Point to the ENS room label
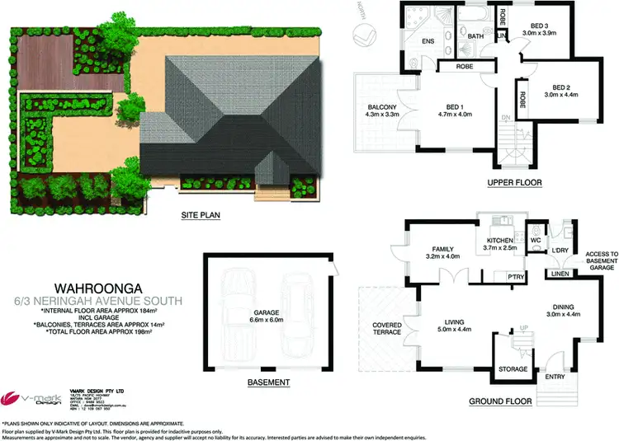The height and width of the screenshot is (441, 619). [428, 41]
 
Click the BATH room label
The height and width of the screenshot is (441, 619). [475, 36]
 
